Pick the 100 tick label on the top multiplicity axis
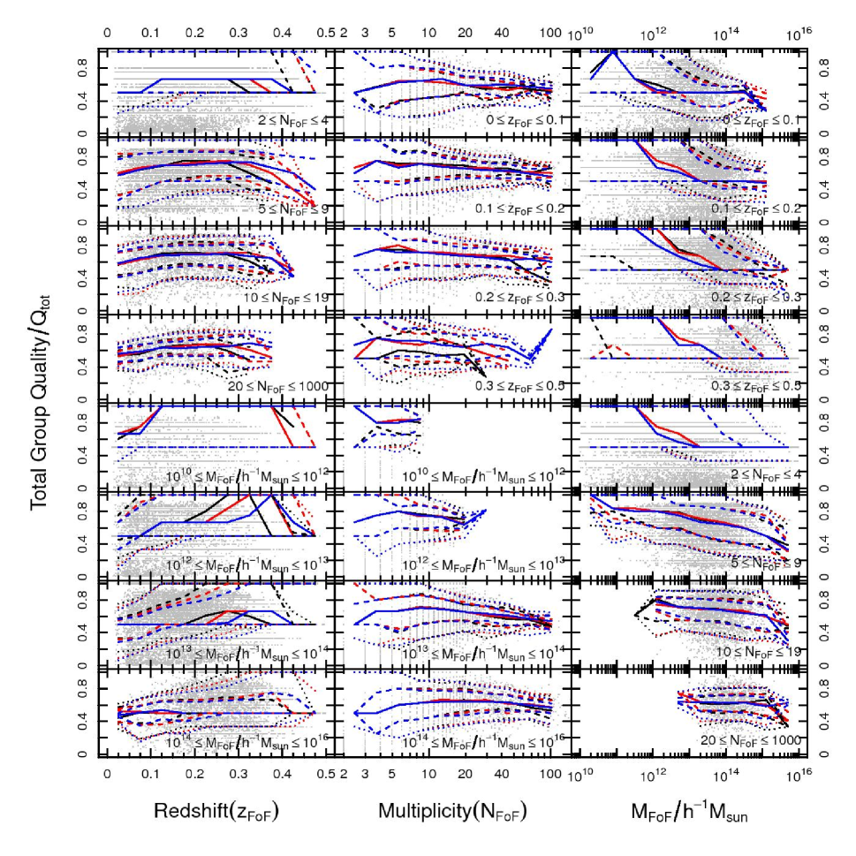click(x=551, y=33)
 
